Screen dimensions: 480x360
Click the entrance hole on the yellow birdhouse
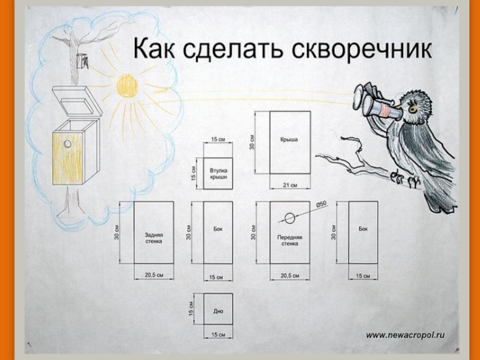pos(68,145)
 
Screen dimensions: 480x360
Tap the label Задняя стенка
pos(154,238)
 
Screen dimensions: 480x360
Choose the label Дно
pos(218,311)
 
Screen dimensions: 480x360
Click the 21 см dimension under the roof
pos(290,185)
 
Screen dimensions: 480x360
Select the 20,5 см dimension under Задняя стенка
pos(154,275)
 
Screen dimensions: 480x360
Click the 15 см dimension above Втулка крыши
pos(218,140)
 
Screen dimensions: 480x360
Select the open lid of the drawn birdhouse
pos(76,101)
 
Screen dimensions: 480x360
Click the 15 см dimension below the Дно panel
pos(218,334)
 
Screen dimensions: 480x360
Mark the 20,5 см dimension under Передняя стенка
pos(290,275)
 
